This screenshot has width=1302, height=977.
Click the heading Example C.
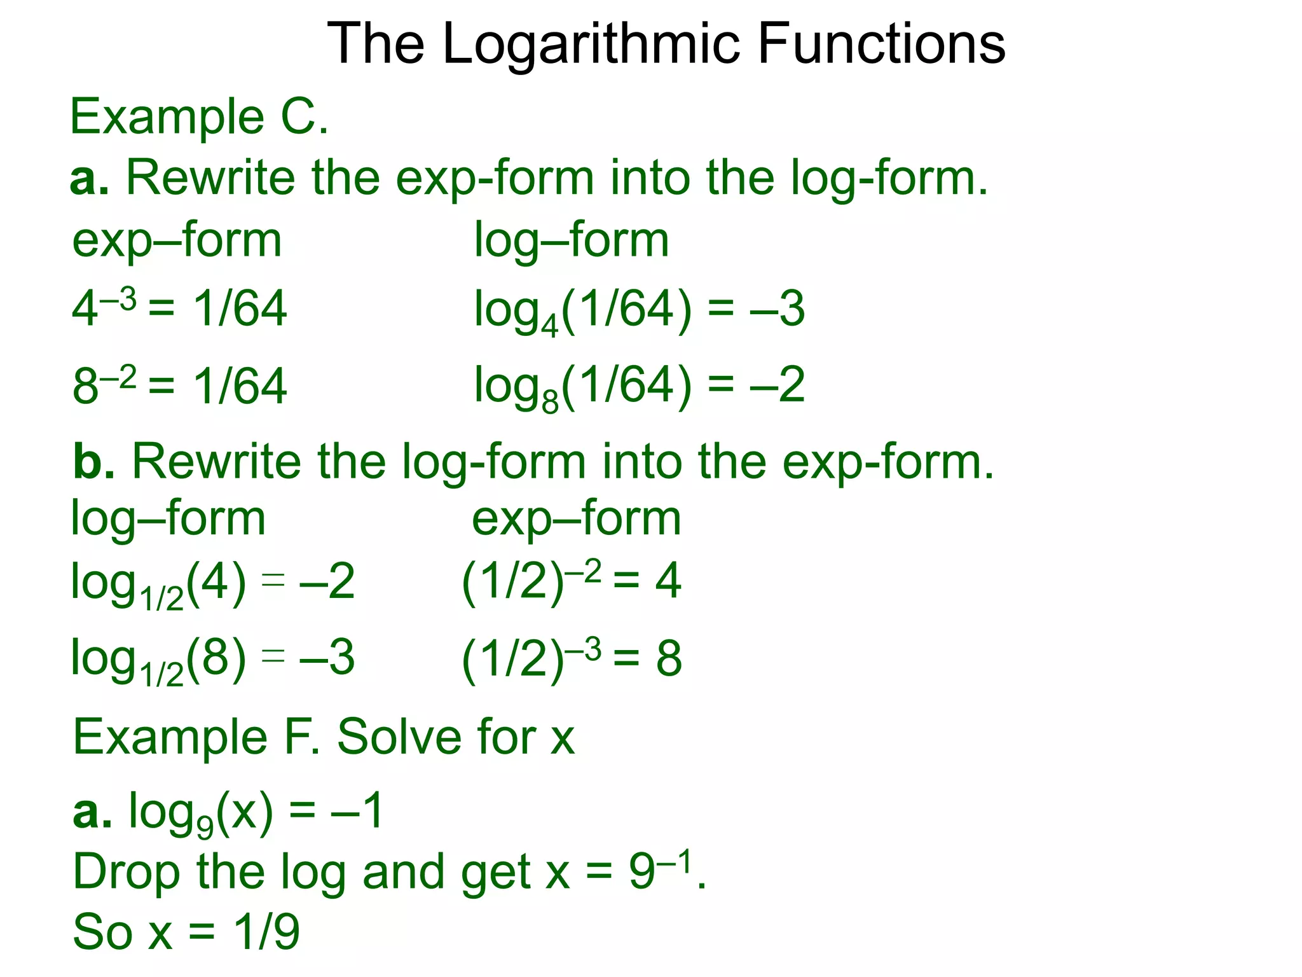pyautogui.click(x=199, y=117)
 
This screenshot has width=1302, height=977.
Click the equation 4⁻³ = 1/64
pyautogui.click(x=179, y=309)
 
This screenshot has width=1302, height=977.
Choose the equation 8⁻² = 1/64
pyautogui.click(x=179, y=385)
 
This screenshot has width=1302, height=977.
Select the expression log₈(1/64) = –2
pyautogui.click(x=639, y=387)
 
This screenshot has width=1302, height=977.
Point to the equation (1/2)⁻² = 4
pyautogui.click(x=571, y=581)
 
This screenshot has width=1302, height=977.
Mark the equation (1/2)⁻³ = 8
pyautogui.click(x=571, y=658)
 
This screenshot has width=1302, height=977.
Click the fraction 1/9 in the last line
pyautogui.click(x=266, y=932)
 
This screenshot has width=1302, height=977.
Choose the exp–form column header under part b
pyautogui.click(x=576, y=519)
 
